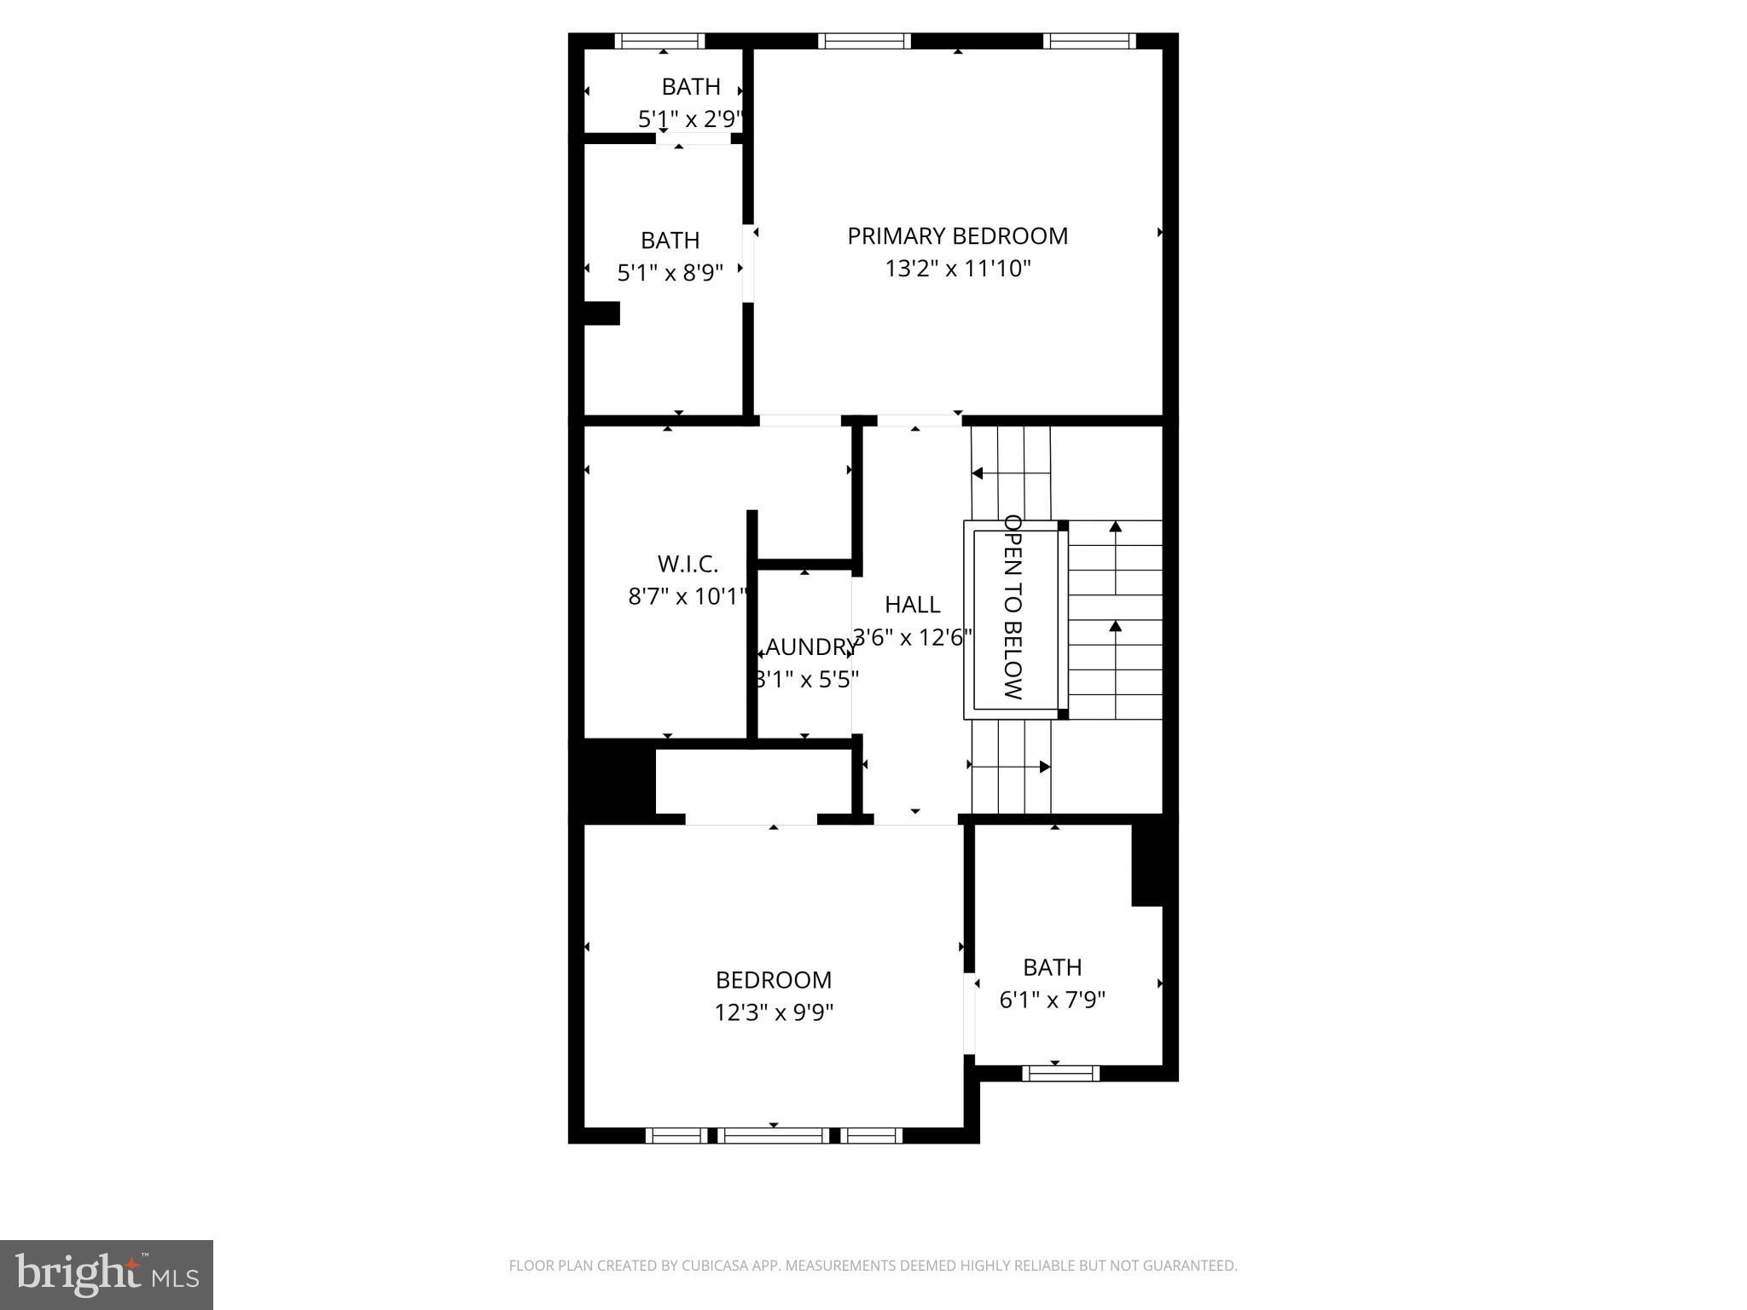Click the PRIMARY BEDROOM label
[957, 236]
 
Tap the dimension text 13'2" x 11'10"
[957, 270]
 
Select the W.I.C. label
[688, 564]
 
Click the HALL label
[912, 605]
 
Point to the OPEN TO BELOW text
[1013, 606]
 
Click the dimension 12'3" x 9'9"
[773, 1012]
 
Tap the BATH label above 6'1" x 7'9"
[1052, 967]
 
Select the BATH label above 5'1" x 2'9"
[691, 87]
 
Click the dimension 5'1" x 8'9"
[670, 273]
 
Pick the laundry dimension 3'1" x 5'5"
[807, 680]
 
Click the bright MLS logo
[107, 1274]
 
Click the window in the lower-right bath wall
[1060, 1073]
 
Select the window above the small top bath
[659, 41]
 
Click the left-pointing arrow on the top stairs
[978, 473]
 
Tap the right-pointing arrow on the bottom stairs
[1044, 767]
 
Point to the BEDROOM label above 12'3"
[773, 980]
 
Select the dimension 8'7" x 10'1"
[688, 596]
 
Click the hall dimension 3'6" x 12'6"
[913, 638]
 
